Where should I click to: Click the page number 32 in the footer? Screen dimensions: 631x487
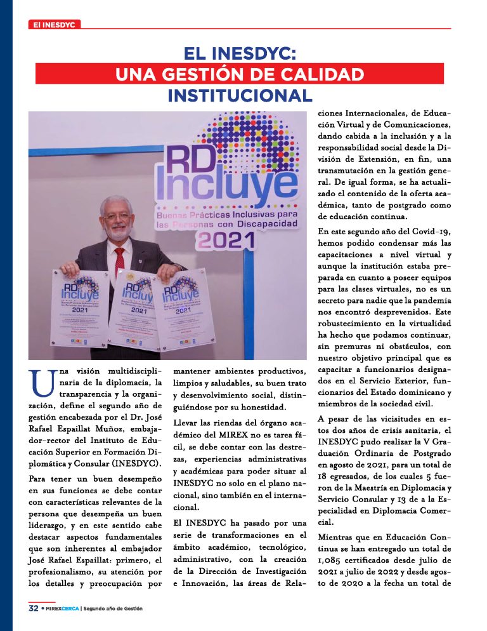33,608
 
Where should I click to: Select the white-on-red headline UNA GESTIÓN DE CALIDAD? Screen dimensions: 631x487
240,74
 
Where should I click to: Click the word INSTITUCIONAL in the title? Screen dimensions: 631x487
240,95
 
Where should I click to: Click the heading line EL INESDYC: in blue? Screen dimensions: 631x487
240,52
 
